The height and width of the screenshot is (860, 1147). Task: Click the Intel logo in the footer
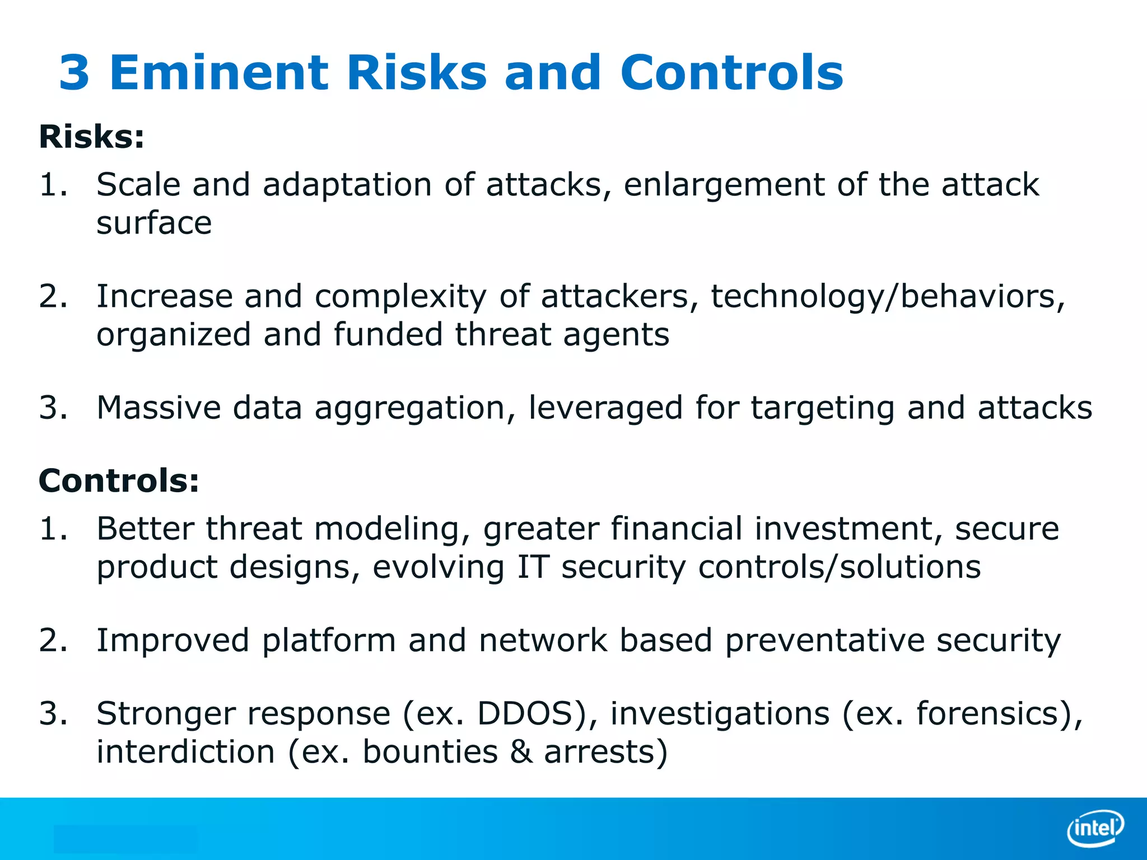point(1095,828)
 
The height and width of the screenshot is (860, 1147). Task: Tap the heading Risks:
point(91,137)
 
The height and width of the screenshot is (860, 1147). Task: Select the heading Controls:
point(119,481)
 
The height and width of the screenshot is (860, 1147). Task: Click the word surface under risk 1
point(154,223)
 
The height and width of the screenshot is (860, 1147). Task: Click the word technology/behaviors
point(887,297)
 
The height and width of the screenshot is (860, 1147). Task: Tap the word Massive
point(158,408)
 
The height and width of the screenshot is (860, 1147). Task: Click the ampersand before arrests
point(521,751)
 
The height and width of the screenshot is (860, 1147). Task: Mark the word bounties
point(430,751)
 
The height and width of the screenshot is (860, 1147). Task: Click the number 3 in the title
point(74,73)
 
